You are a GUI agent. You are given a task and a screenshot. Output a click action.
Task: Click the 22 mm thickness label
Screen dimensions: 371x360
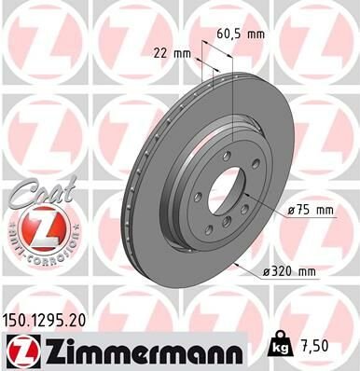[x=168, y=52]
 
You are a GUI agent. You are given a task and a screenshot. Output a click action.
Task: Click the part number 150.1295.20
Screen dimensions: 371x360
[x=48, y=320]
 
